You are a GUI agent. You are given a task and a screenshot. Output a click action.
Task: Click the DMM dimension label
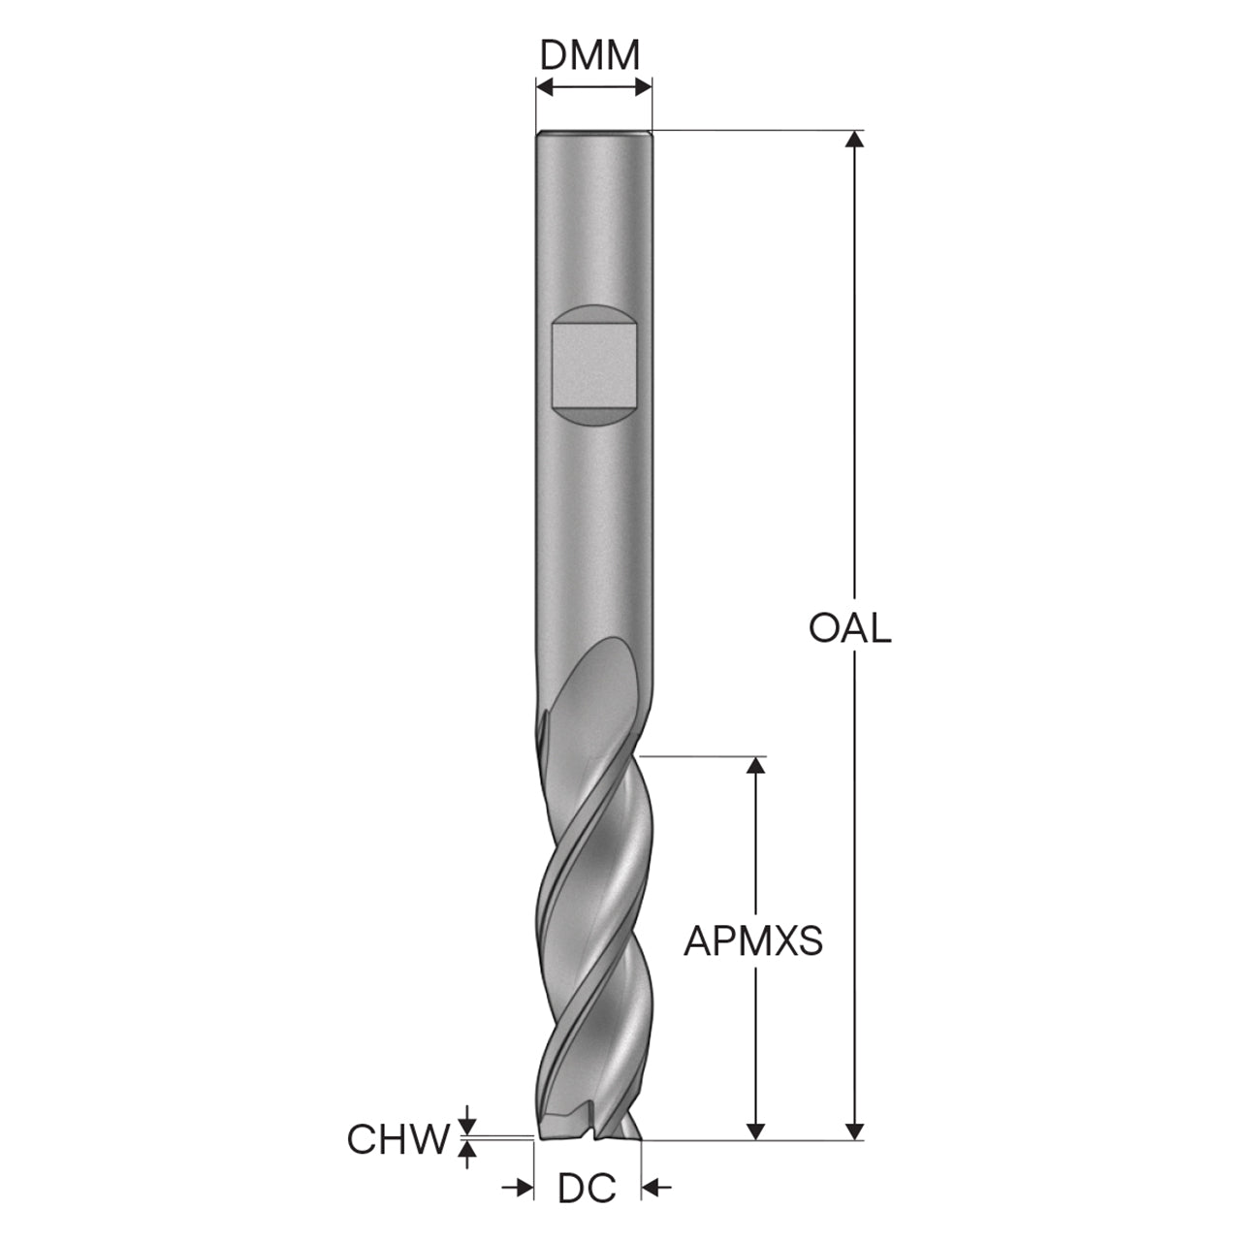[589, 56]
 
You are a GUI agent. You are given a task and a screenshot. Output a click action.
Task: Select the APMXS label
[753, 941]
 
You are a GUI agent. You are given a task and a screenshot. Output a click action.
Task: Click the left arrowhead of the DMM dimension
[545, 87]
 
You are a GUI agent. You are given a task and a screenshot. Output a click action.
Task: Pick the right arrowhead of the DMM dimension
[644, 87]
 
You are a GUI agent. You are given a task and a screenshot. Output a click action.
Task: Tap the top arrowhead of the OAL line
[854, 139]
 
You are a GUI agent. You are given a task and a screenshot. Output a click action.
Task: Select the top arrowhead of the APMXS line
[756, 764]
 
